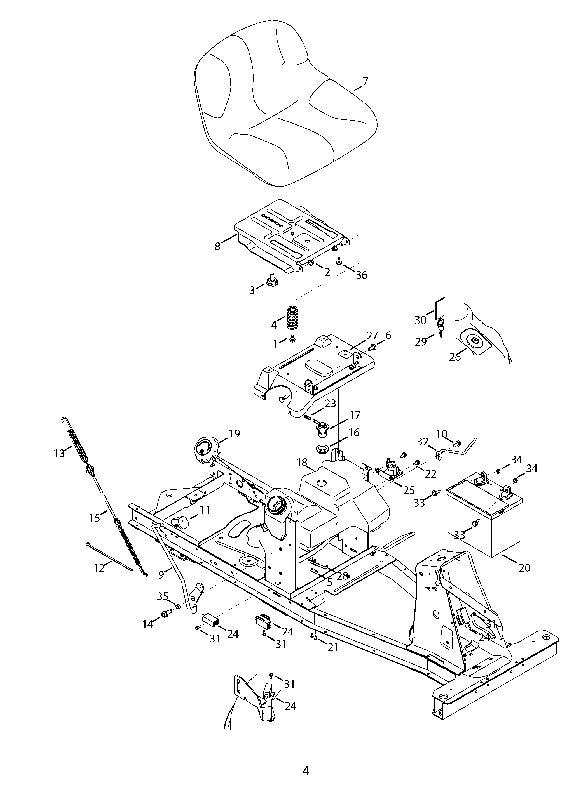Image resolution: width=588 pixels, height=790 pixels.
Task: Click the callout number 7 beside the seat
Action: [365, 81]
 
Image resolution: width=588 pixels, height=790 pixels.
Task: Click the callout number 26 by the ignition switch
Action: [455, 357]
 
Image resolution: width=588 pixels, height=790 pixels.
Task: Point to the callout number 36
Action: [361, 275]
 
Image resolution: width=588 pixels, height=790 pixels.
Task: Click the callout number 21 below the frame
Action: [333, 647]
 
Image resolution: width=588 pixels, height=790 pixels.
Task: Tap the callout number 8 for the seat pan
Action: [218, 246]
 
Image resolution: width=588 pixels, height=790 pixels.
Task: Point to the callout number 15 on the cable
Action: [95, 518]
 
